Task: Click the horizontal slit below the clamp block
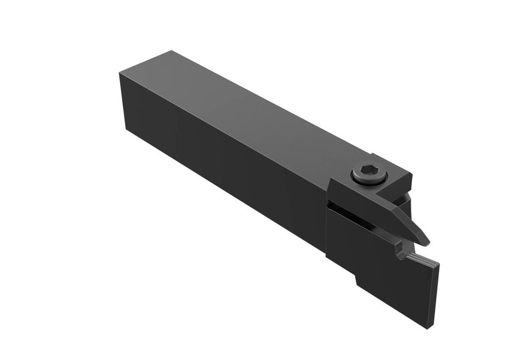[x=347, y=208]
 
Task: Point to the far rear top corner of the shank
[x=171, y=51]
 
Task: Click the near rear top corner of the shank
[x=120, y=72]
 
